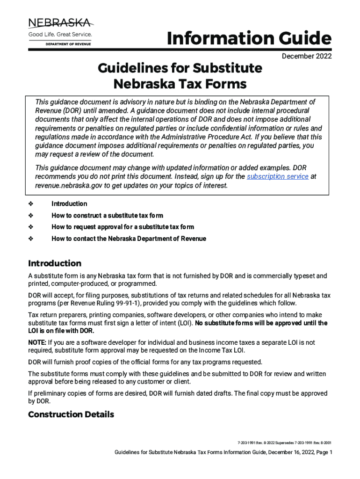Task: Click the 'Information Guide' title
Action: click(x=249, y=39)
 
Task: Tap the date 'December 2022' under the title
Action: click(x=307, y=57)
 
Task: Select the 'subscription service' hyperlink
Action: click(x=277, y=176)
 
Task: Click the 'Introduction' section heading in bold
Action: click(x=55, y=263)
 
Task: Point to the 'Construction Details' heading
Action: click(x=71, y=414)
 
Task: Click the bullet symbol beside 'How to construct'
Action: click(x=31, y=216)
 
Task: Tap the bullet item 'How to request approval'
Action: click(x=122, y=227)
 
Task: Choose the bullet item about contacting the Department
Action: click(x=129, y=239)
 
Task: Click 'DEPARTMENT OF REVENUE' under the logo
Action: click(x=68, y=44)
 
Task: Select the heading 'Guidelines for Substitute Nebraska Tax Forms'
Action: click(x=180, y=76)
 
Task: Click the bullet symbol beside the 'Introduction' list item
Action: click(x=31, y=204)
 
